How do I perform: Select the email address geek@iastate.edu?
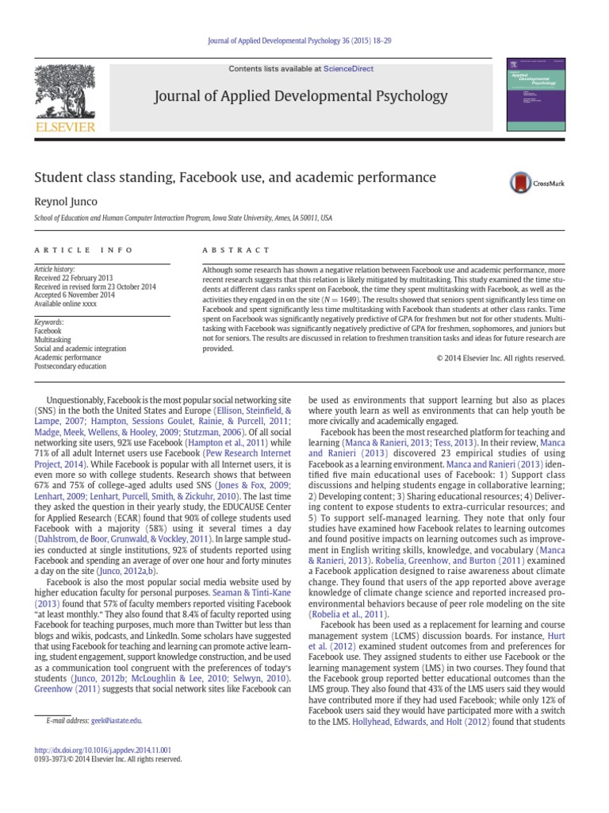coord(115,720)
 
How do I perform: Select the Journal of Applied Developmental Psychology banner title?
coord(304,97)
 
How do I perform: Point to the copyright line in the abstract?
coord(500,358)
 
